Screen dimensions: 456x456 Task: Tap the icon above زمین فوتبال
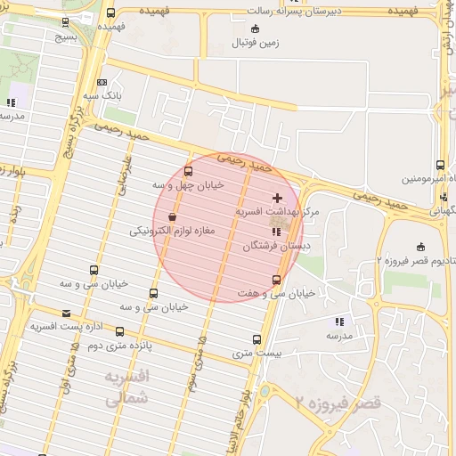point(246,28)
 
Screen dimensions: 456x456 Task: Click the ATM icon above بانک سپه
point(102,82)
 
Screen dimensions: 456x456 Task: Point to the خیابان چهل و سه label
point(187,184)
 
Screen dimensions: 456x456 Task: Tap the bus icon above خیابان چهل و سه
point(188,171)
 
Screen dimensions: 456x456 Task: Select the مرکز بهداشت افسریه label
point(276,212)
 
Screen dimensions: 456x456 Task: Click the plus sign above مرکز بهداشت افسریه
point(277,197)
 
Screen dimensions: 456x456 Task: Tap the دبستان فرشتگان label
point(276,244)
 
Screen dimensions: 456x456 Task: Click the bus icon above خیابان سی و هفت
point(276,280)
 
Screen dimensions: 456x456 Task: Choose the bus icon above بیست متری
point(256,339)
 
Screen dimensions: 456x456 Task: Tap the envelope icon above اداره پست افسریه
point(68,313)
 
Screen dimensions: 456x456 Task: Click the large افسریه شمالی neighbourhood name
point(127,388)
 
